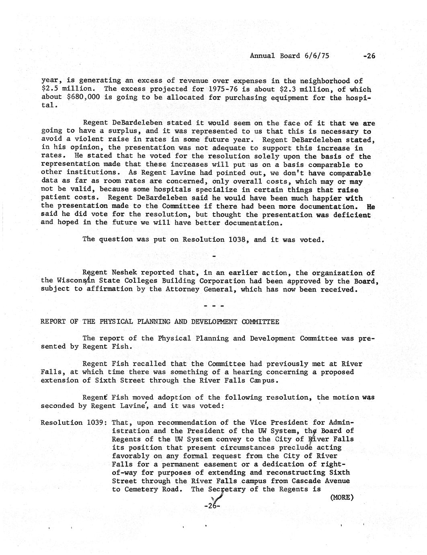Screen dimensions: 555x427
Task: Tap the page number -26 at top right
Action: [369, 56]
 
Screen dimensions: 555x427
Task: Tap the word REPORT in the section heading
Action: [53, 321]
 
